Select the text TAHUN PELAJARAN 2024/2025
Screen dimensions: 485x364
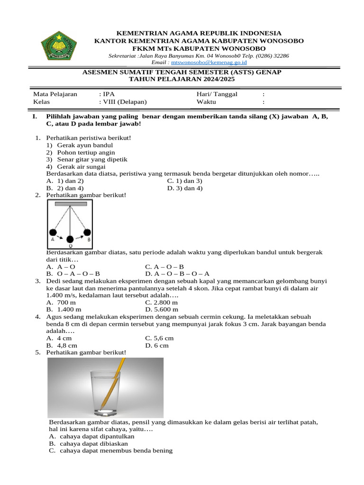point(182,79)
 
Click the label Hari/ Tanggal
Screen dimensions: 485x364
point(217,94)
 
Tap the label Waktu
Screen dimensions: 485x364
point(206,102)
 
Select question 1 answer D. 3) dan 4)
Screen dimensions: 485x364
point(185,188)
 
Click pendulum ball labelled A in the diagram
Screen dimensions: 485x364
point(53,233)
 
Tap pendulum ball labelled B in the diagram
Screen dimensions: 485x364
point(87,232)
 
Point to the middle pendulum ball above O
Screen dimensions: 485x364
point(70,239)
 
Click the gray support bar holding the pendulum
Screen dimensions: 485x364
point(70,204)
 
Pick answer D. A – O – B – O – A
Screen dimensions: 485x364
point(177,274)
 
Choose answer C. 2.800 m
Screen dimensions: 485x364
point(162,302)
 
